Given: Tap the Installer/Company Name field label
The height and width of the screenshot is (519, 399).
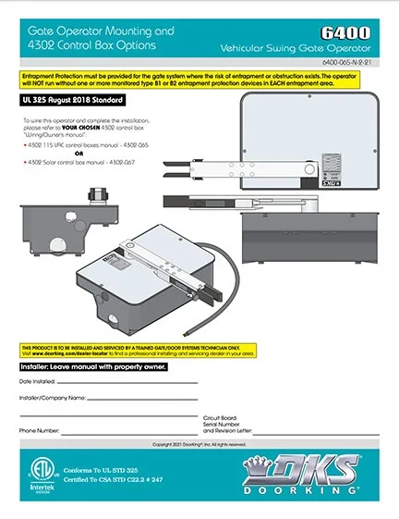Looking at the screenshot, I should click(x=53, y=398).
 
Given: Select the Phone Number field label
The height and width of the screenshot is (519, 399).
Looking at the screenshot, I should click(x=40, y=431).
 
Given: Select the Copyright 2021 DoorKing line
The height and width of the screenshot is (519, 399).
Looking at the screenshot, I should click(x=199, y=445).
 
